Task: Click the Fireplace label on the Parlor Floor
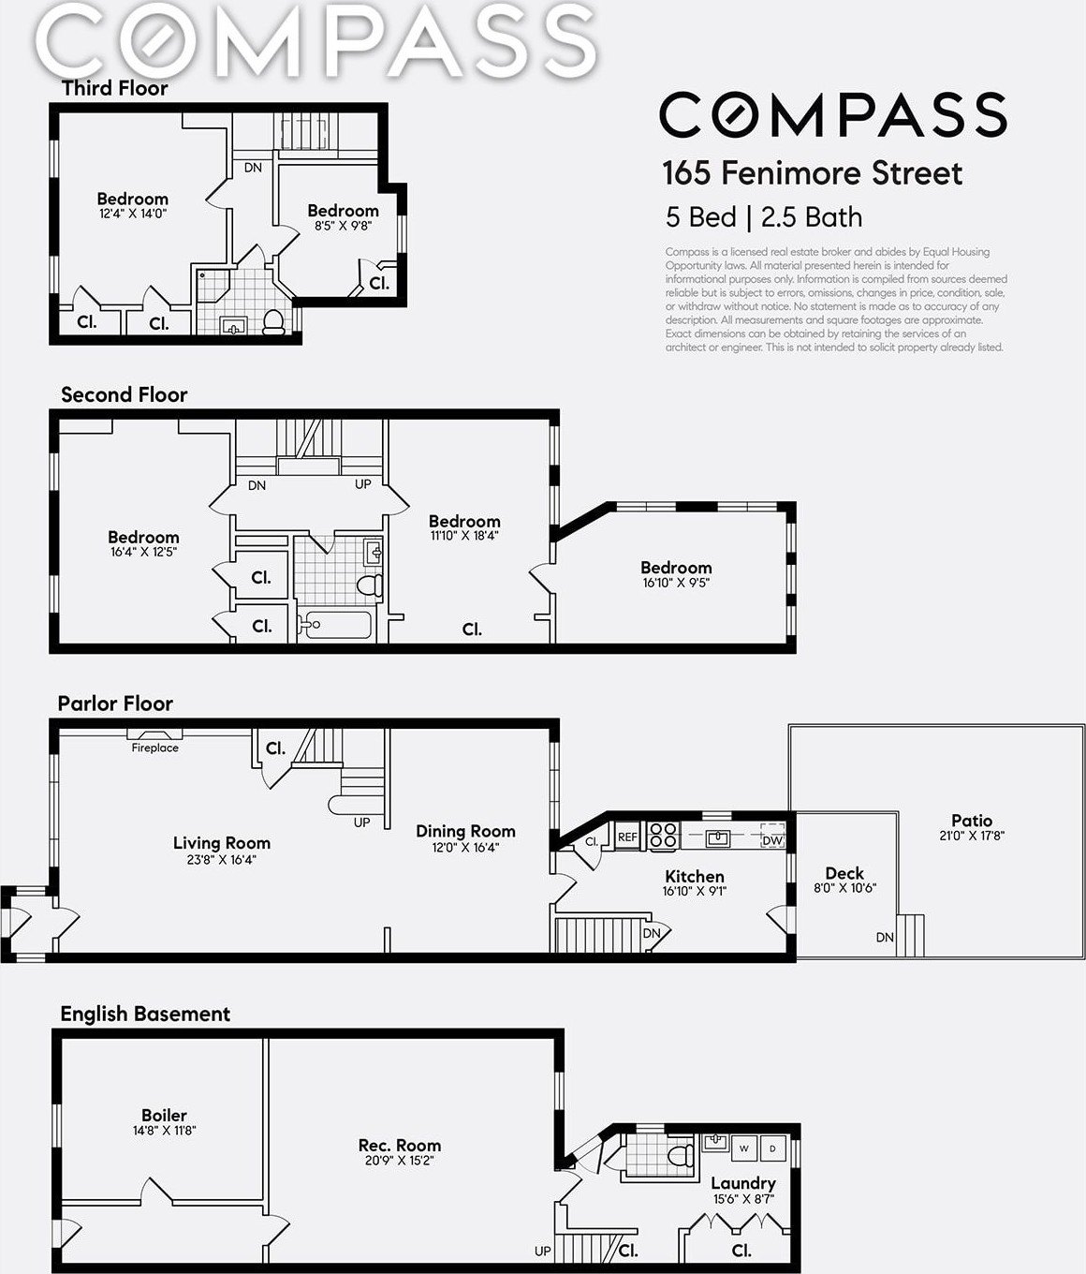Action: tap(154, 748)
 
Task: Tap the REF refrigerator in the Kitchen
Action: tap(627, 837)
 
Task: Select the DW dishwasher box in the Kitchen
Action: tap(772, 836)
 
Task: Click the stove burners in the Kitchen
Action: tap(663, 836)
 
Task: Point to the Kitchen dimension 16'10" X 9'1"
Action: tap(695, 891)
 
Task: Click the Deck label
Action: tap(844, 873)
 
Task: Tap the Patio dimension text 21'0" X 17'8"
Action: tap(972, 836)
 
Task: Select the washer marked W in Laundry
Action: tap(744, 1148)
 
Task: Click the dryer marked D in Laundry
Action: tap(772, 1148)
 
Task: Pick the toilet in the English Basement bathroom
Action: tap(682, 1156)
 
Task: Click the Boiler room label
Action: tap(164, 1115)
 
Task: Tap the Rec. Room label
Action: tap(400, 1145)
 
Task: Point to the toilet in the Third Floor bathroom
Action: tap(272, 321)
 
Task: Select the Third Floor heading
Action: tap(114, 88)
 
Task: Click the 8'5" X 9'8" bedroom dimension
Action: tap(343, 226)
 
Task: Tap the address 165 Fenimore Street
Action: tap(812, 173)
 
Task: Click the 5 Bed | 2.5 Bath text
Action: tap(764, 217)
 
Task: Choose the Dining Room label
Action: tap(465, 831)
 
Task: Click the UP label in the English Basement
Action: tap(543, 1251)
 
